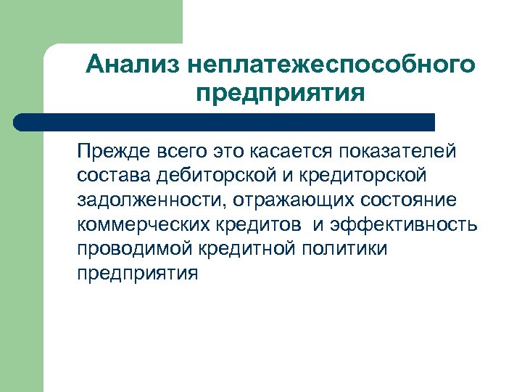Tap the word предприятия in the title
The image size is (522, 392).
click(279, 94)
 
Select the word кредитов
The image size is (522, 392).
click(260, 224)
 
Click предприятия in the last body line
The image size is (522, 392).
click(136, 273)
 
